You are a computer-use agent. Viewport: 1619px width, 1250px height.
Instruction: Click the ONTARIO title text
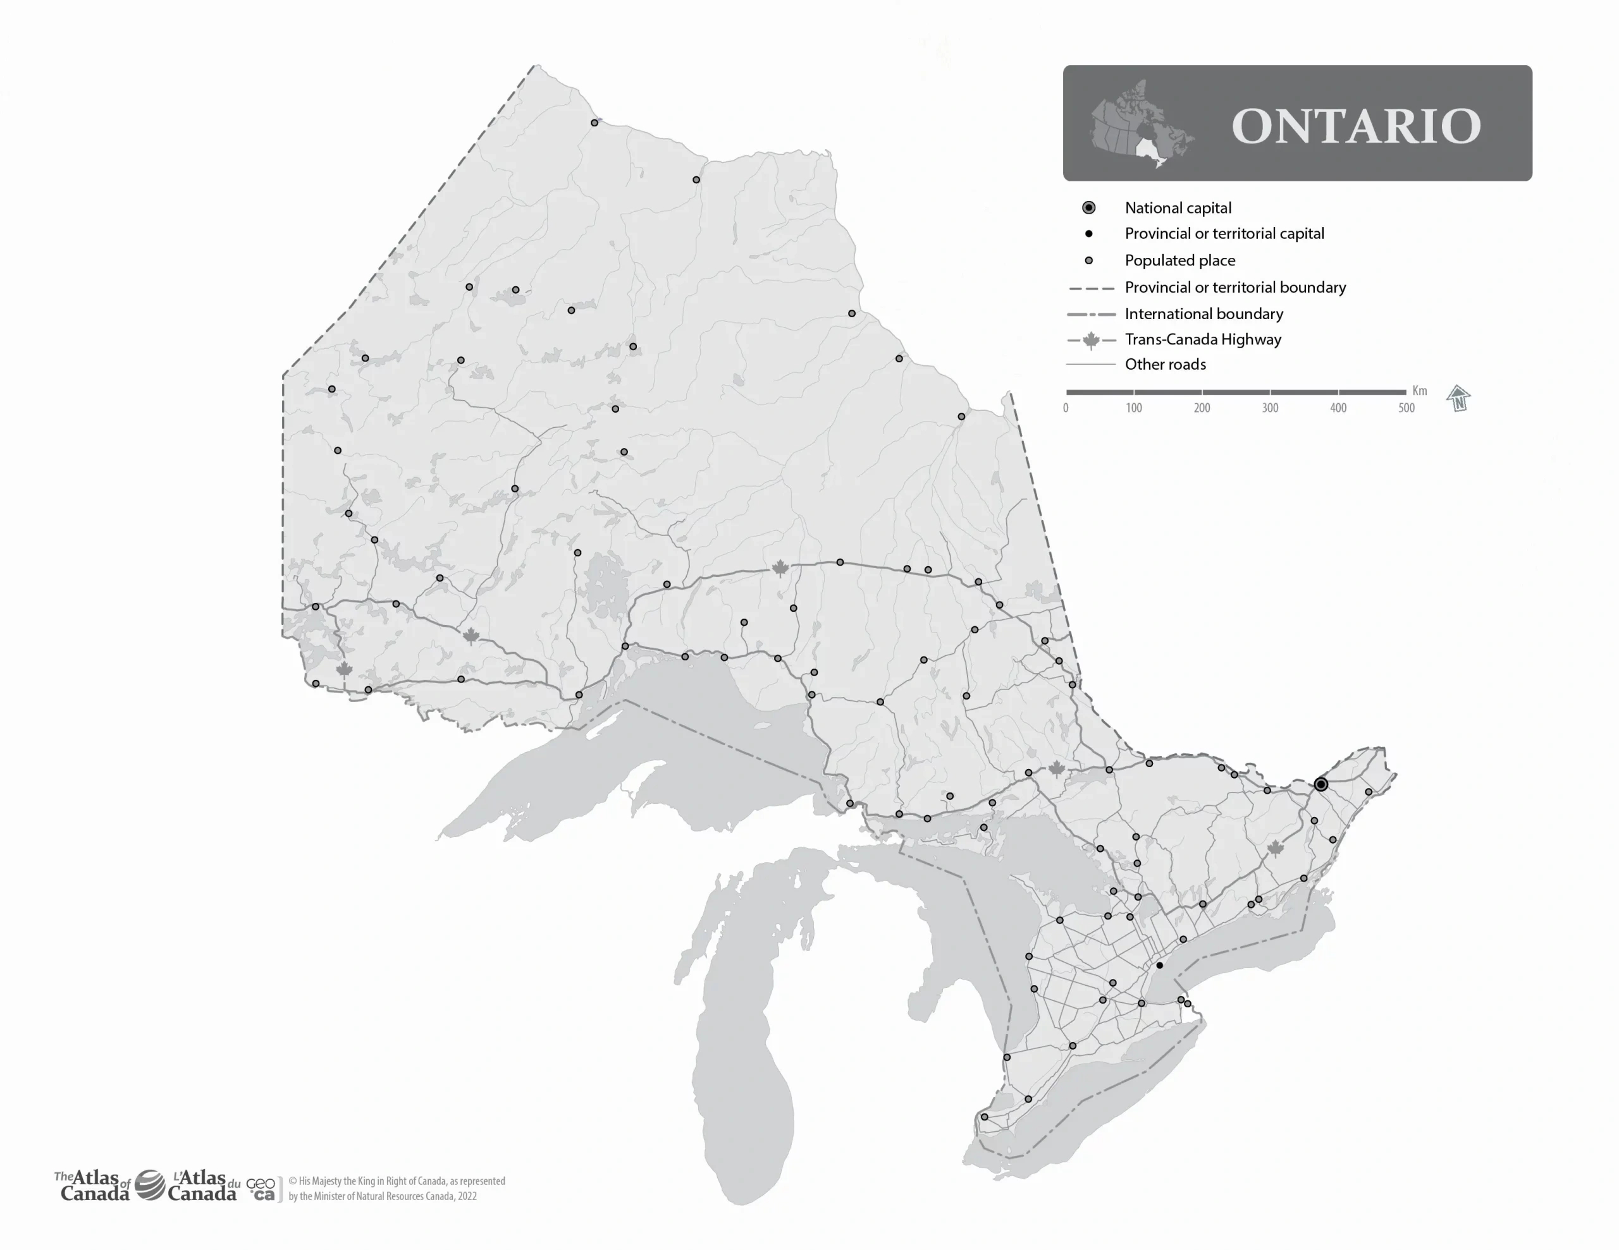(1356, 126)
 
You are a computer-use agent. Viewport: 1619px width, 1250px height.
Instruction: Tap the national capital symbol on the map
(1321, 784)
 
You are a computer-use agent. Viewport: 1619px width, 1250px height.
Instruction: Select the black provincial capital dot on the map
(1159, 966)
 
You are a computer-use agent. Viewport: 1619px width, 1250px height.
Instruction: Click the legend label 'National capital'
(1178, 208)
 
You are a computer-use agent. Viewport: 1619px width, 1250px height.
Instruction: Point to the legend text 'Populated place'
(1179, 260)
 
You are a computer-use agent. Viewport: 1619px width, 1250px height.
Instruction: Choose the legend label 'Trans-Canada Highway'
(1202, 339)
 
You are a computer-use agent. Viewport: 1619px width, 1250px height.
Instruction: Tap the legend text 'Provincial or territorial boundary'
(1235, 287)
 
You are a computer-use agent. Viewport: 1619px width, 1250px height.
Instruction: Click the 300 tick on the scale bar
(1270, 408)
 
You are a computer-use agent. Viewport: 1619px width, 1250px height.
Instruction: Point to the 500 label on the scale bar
(1407, 408)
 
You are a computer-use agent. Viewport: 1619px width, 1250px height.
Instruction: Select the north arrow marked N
(1458, 399)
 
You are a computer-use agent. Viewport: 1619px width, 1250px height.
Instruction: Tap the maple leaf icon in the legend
(1090, 340)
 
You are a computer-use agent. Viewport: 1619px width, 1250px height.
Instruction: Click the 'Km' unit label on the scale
(1419, 391)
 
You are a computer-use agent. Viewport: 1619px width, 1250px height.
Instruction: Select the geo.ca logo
(261, 1189)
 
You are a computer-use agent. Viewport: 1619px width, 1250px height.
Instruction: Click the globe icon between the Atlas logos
(150, 1185)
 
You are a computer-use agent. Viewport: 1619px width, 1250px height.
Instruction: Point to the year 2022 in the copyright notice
(466, 1196)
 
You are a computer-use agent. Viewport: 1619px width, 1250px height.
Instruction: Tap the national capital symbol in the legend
(1088, 207)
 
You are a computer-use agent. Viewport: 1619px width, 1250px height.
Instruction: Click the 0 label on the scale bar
(1066, 408)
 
